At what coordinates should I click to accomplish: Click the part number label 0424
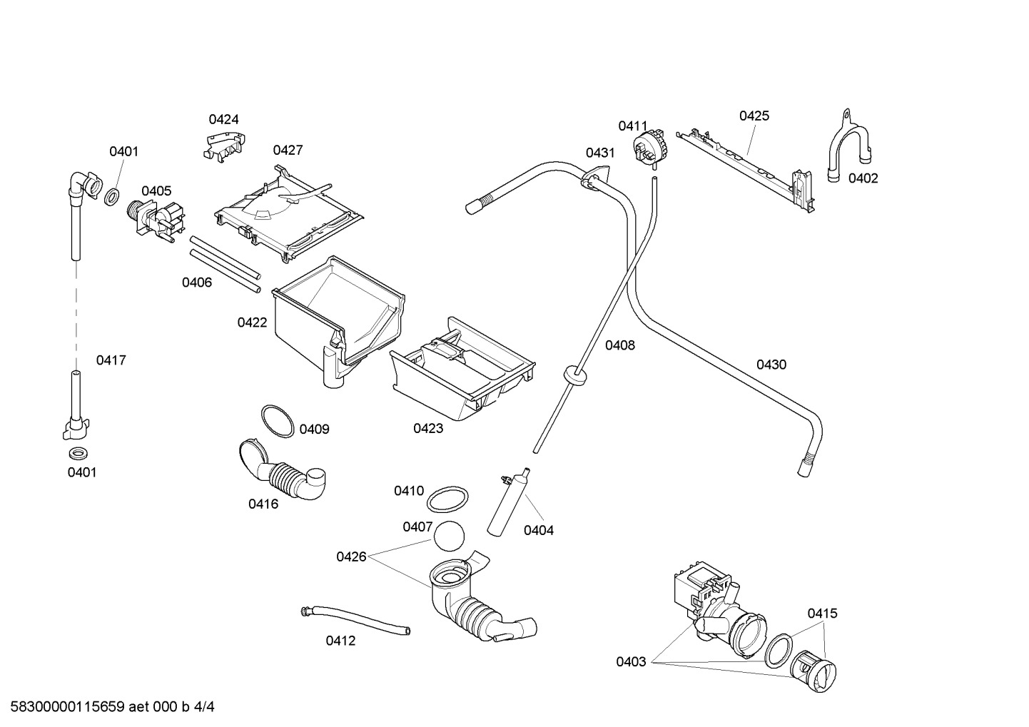[224, 119]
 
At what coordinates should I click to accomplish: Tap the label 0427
[288, 150]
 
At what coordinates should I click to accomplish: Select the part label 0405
[156, 191]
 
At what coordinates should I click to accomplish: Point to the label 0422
[252, 323]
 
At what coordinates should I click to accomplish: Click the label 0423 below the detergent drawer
[428, 429]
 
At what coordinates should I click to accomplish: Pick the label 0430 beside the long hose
[771, 365]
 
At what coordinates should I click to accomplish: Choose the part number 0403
[632, 662]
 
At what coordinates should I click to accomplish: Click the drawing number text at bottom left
[113, 707]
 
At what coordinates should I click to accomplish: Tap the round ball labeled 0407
[449, 536]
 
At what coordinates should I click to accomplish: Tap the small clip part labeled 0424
[225, 146]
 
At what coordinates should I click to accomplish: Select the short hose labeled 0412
[355, 621]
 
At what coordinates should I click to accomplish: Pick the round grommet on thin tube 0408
[574, 375]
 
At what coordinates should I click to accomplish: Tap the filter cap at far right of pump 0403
[813, 671]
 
